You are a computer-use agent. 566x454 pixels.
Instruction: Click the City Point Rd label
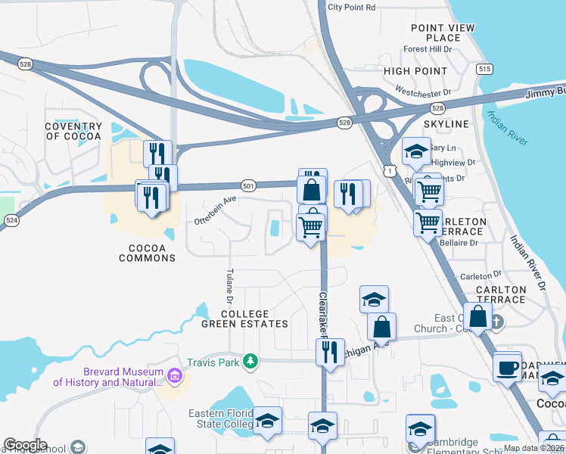point(352,8)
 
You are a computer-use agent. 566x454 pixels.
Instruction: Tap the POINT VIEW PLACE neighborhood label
point(443,33)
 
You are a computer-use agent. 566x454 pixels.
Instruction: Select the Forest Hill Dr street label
point(427,49)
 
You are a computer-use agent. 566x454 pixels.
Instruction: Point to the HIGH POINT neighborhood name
point(415,71)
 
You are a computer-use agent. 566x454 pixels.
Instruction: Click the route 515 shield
point(485,69)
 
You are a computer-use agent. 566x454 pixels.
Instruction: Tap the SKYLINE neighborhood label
point(446,123)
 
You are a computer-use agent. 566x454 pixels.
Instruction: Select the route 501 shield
point(248,185)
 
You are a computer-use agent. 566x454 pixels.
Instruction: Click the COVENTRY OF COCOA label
point(73,132)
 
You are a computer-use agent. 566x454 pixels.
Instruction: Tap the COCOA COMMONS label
point(147,253)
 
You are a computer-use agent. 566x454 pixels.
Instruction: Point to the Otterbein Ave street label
point(216,210)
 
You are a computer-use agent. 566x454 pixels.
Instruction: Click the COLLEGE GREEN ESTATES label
point(244,319)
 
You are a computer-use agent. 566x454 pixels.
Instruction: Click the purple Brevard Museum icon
point(175,375)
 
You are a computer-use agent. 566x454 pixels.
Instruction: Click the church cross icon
point(498,321)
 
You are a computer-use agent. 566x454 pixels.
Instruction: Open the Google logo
point(24,445)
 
